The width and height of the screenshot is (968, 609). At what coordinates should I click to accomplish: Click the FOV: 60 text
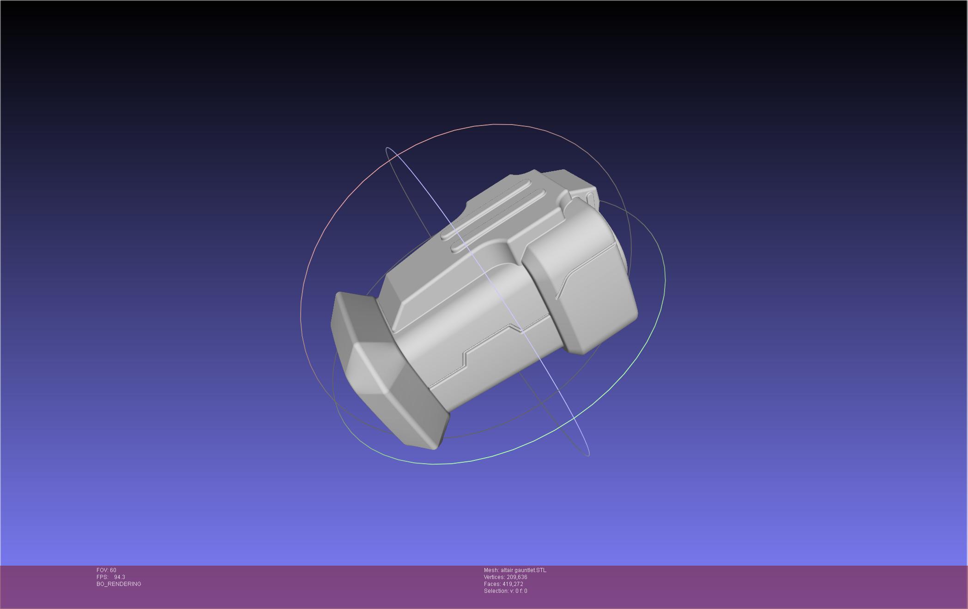(x=106, y=570)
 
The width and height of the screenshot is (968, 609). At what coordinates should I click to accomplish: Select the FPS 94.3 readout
(x=111, y=577)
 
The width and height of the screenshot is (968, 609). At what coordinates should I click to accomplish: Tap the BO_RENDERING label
(x=119, y=584)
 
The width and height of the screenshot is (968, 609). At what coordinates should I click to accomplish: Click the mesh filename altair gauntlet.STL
(x=523, y=570)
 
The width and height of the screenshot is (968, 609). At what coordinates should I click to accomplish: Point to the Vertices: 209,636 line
(x=506, y=577)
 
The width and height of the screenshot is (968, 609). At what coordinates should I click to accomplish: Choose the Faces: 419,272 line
(x=503, y=584)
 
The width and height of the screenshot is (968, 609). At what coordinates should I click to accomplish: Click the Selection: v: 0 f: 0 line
(x=506, y=591)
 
